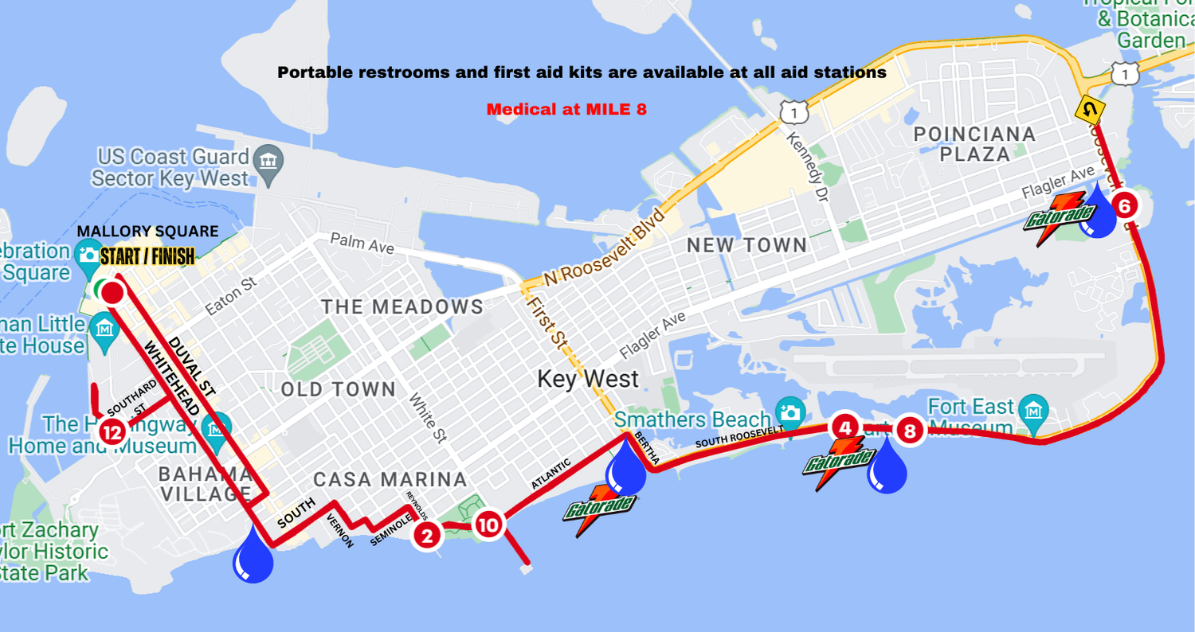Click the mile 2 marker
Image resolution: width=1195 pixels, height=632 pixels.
(x=427, y=535)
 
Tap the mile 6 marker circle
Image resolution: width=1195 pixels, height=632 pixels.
(x=1124, y=206)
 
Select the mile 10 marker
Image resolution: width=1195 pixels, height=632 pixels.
(x=488, y=525)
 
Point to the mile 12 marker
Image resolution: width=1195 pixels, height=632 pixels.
(x=112, y=433)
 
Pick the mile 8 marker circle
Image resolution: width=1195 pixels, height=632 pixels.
(x=910, y=431)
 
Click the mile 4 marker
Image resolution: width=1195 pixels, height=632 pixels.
(x=845, y=427)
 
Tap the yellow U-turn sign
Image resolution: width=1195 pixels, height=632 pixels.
(x=1090, y=109)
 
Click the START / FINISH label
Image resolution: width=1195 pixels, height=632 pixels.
(x=147, y=256)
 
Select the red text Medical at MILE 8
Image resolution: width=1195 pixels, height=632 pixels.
(x=566, y=109)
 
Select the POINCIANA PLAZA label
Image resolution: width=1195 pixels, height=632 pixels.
(x=974, y=144)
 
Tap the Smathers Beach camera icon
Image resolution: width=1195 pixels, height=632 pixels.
(x=790, y=412)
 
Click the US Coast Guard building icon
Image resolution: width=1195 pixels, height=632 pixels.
(x=268, y=158)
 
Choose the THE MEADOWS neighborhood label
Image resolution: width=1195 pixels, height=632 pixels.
(x=402, y=306)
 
